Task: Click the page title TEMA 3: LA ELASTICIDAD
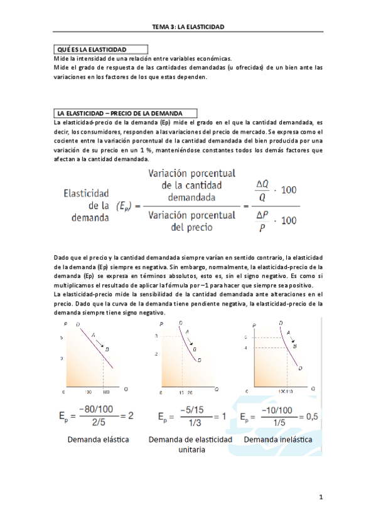[x=188, y=27]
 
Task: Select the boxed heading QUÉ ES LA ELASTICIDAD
[x=92, y=49]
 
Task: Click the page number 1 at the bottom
[x=320, y=498]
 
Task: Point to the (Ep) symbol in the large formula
[x=124, y=205]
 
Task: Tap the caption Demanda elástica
[x=99, y=439]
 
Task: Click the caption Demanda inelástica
[x=277, y=439]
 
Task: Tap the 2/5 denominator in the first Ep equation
[x=96, y=422]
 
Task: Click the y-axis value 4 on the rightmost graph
[x=255, y=348]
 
